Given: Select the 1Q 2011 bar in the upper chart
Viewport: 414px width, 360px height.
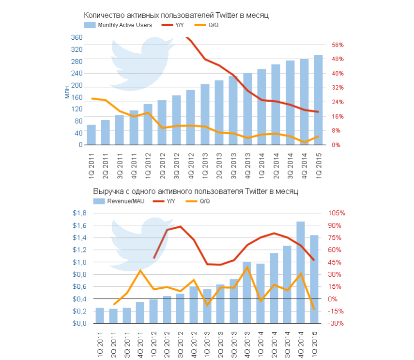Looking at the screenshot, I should (x=91, y=135).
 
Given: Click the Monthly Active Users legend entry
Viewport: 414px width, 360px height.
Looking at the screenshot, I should (x=119, y=25).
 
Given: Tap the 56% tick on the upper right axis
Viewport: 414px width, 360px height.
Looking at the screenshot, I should (x=337, y=45).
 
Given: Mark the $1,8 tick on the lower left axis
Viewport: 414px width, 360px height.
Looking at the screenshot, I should (x=79, y=213).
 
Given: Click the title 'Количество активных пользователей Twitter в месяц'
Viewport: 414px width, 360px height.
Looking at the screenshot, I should (x=176, y=16).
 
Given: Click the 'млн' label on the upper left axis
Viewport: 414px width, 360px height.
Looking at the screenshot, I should (x=67, y=91).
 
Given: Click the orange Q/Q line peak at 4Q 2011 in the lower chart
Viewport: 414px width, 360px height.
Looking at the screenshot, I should (x=140, y=270).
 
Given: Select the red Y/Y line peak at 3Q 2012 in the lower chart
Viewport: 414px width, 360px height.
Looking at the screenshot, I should (x=181, y=226).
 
